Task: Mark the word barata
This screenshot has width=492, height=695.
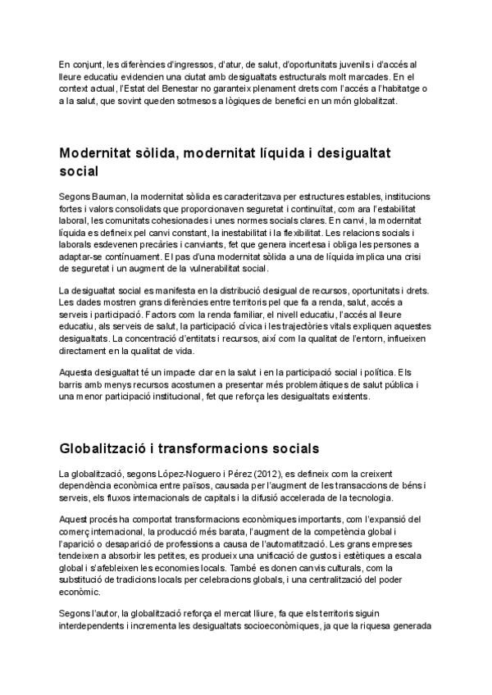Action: click(x=217, y=533)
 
